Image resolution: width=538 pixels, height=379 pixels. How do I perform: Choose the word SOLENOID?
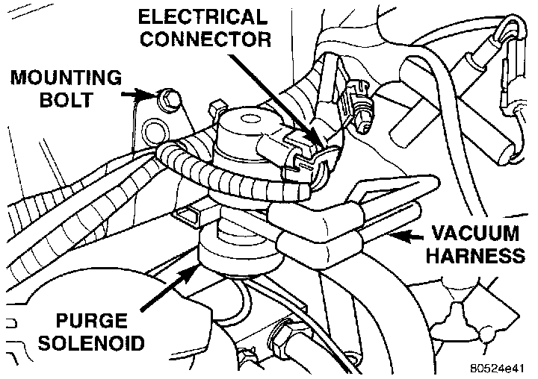coord(98,346)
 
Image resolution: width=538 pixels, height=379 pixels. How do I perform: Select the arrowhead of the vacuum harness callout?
coord(395,237)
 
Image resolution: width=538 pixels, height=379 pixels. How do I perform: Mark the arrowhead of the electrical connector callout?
coord(321,142)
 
